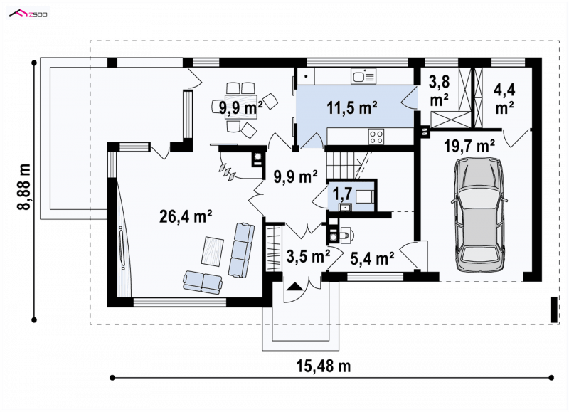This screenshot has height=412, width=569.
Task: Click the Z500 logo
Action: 28,14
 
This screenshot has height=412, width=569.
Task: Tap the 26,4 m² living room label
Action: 186,216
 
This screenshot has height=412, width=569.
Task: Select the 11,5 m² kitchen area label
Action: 352,107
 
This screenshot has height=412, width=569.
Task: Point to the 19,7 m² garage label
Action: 469,147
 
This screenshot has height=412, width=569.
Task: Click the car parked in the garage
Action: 479,214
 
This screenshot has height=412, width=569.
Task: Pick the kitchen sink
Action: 363,76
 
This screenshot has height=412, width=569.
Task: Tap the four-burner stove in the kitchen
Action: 376,137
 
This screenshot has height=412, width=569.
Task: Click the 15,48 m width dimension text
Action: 324,366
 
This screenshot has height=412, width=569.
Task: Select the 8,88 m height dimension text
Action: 24,186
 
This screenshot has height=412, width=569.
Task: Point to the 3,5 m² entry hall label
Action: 308,256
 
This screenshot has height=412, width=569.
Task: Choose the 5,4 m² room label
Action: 372,258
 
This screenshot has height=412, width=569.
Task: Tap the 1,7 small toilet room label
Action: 342,194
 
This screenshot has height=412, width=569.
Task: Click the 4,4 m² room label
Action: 504,99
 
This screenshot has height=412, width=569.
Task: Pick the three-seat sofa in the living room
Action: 241,250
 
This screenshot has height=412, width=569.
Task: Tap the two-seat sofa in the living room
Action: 203,282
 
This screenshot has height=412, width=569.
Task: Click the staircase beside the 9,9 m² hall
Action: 349,166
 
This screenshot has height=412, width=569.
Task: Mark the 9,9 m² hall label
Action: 295,176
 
